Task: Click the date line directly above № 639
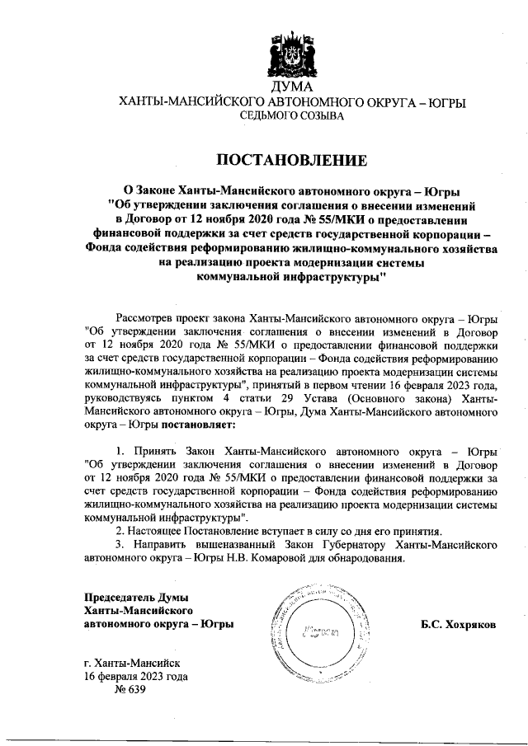[x=136, y=676]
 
